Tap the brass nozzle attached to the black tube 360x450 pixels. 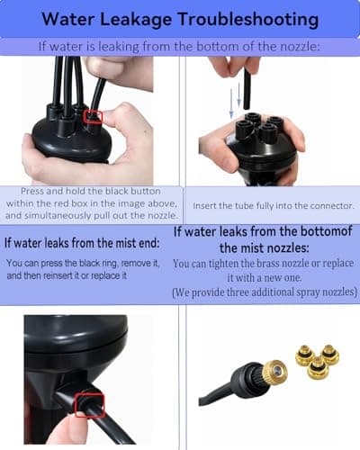(x=274, y=372)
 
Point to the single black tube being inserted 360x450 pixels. (x=247, y=87)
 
